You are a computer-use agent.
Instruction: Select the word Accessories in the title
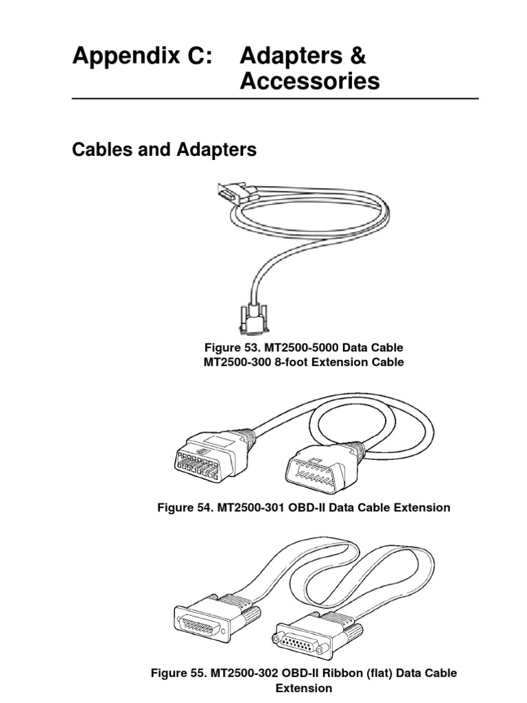[309, 82]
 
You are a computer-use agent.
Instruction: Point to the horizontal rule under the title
[274, 99]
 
